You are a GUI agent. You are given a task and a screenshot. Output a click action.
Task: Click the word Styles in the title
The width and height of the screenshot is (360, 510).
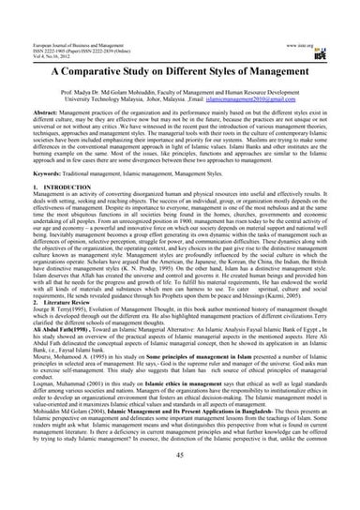236,71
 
